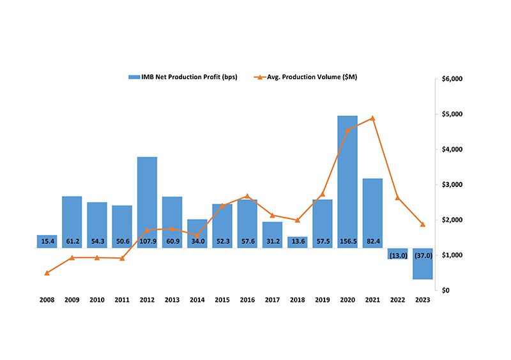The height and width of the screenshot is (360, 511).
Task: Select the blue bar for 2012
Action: (147, 198)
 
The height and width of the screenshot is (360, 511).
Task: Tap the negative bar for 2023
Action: (422, 263)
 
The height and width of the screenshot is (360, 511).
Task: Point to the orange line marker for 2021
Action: (372, 118)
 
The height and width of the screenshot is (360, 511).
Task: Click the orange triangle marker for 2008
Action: (47, 273)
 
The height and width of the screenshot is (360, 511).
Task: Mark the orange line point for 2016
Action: (247, 196)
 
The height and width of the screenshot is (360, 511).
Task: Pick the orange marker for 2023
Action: (422, 224)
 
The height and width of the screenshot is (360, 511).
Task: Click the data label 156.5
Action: (347, 242)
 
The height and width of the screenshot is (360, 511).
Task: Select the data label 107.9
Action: (147, 242)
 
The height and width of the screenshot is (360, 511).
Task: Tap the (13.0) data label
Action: (397, 255)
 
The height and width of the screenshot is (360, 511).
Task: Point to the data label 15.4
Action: (47, 242)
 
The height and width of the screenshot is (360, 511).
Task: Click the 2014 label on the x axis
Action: (197, 300)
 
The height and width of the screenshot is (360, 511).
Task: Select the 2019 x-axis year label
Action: (322, 300)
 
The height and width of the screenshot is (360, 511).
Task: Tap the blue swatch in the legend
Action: (134, 77)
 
